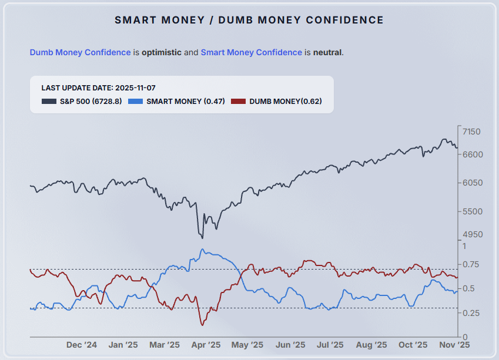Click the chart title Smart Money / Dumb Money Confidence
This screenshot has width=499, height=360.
pyautogui.click(x=249, y=20)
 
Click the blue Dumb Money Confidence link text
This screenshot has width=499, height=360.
pyautogui.click(x=80, y=52)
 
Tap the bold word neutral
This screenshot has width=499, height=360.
pyautogui.click(x=327, y=52)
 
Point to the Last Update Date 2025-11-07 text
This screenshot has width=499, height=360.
pyautogui.click(x=98, y=88)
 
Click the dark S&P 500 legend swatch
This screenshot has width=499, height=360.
pyautogui.click(x=49, y=102)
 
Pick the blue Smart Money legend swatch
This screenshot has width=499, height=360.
pyautogui.click(x=135, y=102)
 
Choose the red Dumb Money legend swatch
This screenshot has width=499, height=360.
pyautogui.click(x=238, y=102)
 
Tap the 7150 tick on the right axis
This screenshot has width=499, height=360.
pyautogui.click(x=472, y=131)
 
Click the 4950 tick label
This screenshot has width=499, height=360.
pyautogui.click(x=472, y=234)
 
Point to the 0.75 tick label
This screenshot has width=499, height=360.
pyautogui.click(x=471, y=264)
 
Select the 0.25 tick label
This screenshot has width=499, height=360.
pyautogui.click(x=471, y=313)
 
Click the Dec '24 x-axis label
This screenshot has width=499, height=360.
pyautogui.click(x=82, y=345)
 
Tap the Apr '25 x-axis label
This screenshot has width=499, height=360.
pyautogui.click(x=206, y=345)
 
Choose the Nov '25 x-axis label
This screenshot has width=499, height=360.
pyautogui.click(x=455, y=345)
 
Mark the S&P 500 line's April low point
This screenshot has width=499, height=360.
pyautogui.click(x=202, y=238)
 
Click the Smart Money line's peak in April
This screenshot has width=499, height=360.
pyautogui.click(x=203, y=249)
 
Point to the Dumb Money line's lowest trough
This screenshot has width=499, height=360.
pyautogui.click(x=202, y=325)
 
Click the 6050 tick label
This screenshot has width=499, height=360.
pyautogui.click(x=472, y=183)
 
